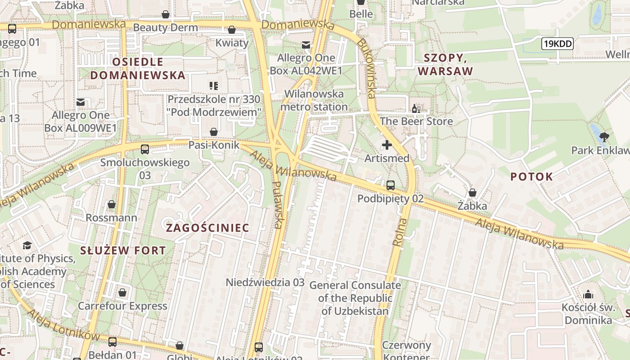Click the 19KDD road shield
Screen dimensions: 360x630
pos(557,44)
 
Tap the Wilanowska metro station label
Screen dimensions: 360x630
pos(314,100)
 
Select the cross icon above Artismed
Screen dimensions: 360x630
pos(387,145)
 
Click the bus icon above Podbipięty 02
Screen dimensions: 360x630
pos(390,185)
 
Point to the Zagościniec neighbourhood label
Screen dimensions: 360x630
pos(207,228)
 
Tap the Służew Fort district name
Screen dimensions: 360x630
pos(123,251)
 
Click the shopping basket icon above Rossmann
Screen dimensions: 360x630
pos(112,204)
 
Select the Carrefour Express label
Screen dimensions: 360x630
pos(122,306)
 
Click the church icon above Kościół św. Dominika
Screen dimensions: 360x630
pos(588,295)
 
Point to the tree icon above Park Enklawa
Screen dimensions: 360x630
pos(604,136)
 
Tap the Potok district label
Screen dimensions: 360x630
pos(531,177)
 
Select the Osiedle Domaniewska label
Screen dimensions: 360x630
pos(138,68)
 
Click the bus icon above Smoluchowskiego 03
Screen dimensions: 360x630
pos(144,149)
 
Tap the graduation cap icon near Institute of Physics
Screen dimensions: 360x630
pos(27,245)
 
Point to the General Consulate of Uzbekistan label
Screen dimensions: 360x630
pos(355,298)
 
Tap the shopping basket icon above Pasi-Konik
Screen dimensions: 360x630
pos(214,131)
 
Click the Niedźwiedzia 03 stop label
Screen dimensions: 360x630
pos(265,283)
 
